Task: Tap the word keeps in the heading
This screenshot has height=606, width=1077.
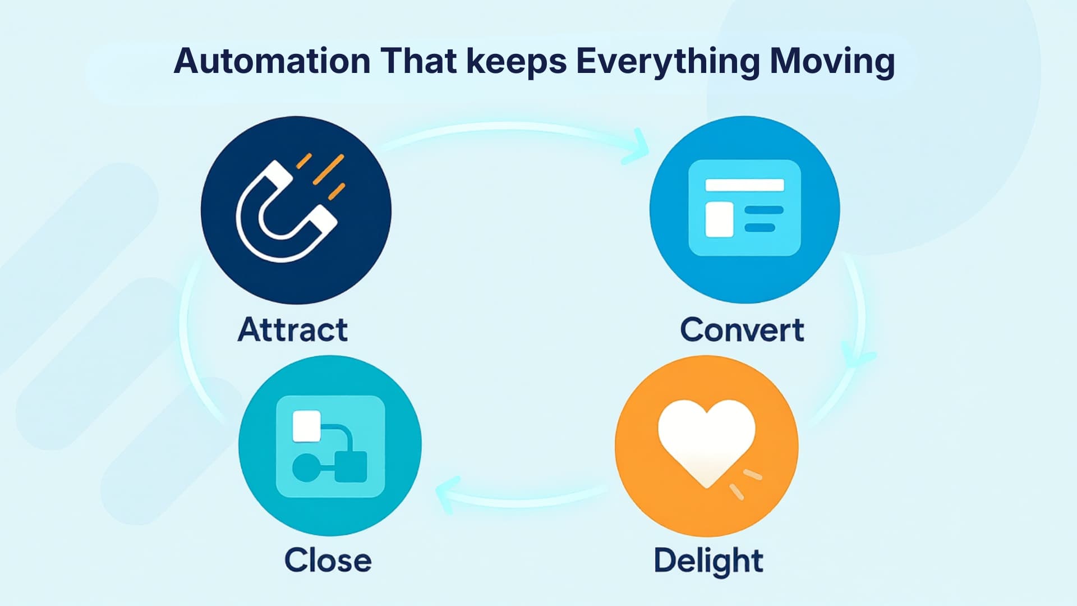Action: tap(517, 62)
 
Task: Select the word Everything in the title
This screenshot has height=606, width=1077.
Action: tap(668, 62)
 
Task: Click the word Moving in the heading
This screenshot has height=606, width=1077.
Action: tap(832, 62)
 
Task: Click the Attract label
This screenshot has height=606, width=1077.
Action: tap(292, 329)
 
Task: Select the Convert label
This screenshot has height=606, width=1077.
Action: tap(742, 330)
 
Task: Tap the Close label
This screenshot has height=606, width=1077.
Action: tap(328, 560)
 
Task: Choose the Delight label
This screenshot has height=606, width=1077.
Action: tap(708, 561)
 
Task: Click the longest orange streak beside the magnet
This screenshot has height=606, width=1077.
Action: tap(328, 169)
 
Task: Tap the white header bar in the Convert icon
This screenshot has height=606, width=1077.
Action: tap(744, 185)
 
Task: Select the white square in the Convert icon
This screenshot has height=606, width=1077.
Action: tap(719, 219)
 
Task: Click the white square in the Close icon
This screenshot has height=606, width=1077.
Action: tap(307, 426)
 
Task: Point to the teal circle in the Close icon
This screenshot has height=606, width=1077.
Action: tap(306, 467)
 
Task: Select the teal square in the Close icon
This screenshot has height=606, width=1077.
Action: tap(351, 467)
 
